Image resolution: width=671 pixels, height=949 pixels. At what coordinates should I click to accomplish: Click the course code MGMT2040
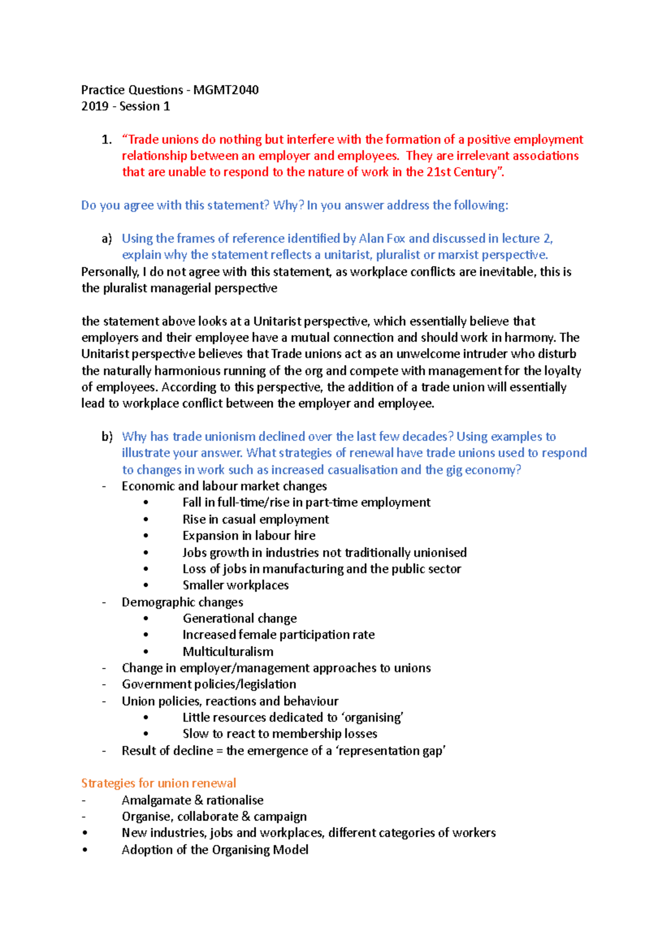pyautogui.click(x=226, y=90)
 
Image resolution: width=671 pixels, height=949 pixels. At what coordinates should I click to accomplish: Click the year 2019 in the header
pyautogui.click(x=94, y=106)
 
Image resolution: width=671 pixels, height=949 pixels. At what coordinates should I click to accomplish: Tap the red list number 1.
pyautogui.click(x=106, y=140)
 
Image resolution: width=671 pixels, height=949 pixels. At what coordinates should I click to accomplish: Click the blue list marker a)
pyautogui.click(x=106, y=239)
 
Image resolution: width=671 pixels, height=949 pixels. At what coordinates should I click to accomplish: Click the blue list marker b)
pyautogui.click(x=107, y=437)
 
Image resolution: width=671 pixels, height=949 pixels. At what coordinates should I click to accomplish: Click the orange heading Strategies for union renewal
pyautogui.click(x=158, y=783)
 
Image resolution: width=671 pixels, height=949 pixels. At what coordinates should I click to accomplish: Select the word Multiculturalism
pyautogui.click(x=228, y=652)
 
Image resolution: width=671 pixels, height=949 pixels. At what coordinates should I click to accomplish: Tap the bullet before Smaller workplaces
pyautogui.click(x=146, y=585)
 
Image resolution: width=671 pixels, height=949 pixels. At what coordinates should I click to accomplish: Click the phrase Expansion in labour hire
pyautogui.click(x=249, y=536)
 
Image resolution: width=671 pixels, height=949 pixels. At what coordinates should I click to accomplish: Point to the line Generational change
pyautogui.click(x=239, y=619)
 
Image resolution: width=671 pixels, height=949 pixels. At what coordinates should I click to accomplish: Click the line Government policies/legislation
pyautogui.click(x=209, y=685)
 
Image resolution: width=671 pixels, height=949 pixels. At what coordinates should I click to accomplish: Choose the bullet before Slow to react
pyautogui.click(x=146, y=734)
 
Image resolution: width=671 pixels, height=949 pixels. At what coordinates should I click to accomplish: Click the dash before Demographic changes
pyautogui.click(x=104, y=602)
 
